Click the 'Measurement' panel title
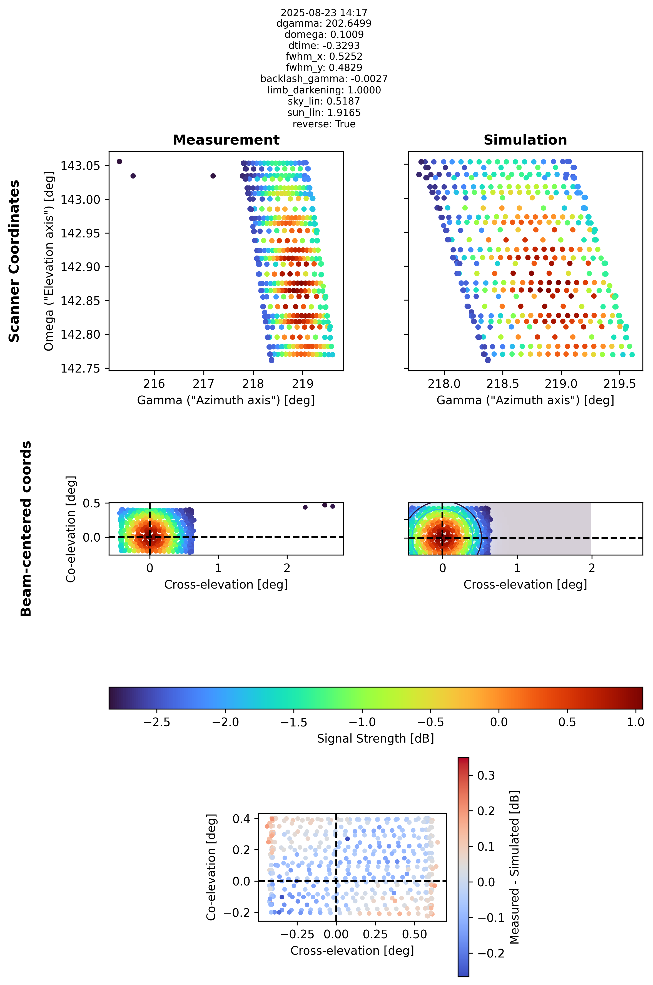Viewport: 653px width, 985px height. click(226, 140)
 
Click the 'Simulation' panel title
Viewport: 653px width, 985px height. click(525, 140)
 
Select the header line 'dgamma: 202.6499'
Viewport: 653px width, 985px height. click(324, 23)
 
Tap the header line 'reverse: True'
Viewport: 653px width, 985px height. click(324, 124)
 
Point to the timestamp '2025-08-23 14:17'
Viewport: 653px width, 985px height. click(324, 13)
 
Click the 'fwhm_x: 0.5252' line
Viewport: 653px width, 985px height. click(324, 57)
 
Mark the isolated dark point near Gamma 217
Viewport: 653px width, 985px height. click(213, 176)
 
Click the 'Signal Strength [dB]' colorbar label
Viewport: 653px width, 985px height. click(376, 739)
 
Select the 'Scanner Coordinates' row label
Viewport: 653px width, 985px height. click(14, 261)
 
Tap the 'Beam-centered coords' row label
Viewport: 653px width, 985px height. click(26, 529)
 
